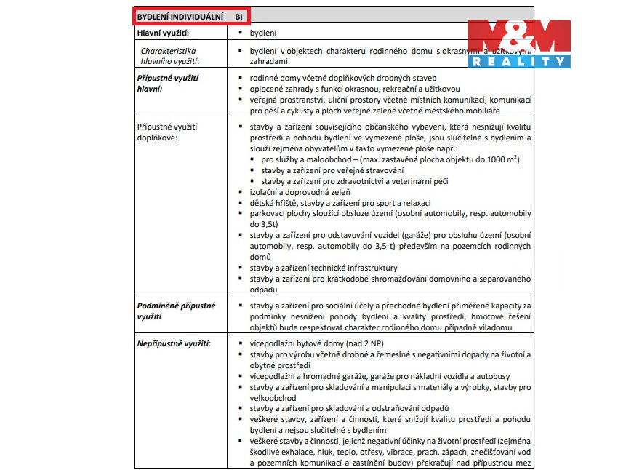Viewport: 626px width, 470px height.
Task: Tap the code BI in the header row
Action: point(238,15)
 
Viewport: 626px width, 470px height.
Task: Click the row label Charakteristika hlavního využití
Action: point(169,57)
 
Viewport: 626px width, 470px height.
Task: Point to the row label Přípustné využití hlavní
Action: point(167,83)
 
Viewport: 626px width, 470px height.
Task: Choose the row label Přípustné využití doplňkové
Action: point(166,132)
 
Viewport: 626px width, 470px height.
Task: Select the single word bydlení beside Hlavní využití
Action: point(262,33)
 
